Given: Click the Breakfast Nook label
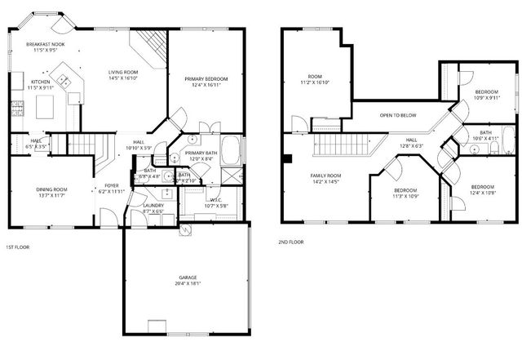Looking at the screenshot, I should tap(45, 44).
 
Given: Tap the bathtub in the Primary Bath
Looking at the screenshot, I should tap(232, 151).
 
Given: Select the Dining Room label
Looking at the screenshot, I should tap(51, 189).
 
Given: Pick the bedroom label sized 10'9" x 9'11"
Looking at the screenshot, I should tap(487, 92).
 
